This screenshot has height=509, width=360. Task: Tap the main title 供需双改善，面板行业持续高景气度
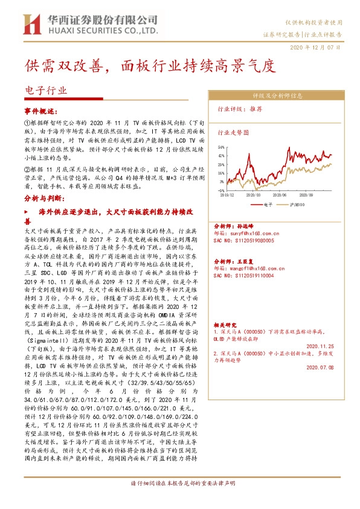pyautogui.click(x=149, y=65)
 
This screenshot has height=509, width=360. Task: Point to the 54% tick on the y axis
pyautogui.click(x=222, y=147)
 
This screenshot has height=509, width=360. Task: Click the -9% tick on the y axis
pyautogui.click(x=222, y=189)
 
